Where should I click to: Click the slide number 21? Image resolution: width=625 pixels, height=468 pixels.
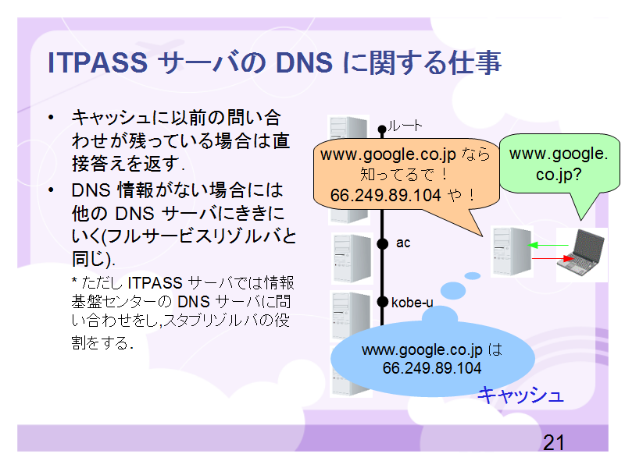point(554,442)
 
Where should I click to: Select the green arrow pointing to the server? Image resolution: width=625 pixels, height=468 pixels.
point(548,245)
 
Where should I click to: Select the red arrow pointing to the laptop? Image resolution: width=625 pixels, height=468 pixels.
point(553,259)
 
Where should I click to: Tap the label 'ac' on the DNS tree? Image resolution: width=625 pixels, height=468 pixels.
point(403,243)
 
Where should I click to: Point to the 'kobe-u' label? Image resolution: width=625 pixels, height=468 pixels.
point(412,303)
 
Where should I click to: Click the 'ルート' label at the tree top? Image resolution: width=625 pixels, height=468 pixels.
point(405,126)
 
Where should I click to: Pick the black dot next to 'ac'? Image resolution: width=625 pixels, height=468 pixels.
point(382,243)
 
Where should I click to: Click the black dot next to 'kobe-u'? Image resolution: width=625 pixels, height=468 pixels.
point(382,302)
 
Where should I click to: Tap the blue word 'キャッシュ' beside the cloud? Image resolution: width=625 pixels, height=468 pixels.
point(520,395)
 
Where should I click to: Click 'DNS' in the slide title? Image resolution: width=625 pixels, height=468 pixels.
point(304,63)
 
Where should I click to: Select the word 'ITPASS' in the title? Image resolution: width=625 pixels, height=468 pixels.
point(98,63)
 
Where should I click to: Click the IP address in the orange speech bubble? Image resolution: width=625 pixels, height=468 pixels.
point(385,195)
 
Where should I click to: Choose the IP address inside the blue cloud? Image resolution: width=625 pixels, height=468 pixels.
point(432,367)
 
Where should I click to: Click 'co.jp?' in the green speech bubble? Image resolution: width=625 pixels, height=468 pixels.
point(559,174)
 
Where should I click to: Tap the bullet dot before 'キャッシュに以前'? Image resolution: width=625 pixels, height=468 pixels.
point(51,118)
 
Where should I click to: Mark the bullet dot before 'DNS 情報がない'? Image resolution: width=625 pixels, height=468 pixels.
point(51,190)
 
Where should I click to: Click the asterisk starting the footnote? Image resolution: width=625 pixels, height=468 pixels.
point(74,280)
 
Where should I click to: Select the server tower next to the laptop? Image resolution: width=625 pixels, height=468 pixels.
point(512,251)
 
